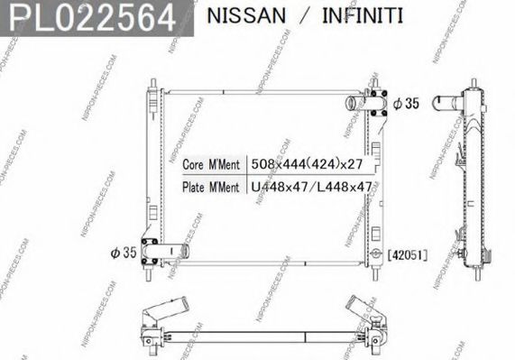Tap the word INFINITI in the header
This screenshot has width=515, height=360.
359,16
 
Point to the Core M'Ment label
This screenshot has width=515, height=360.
210,165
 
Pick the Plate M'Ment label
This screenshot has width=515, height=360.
210,187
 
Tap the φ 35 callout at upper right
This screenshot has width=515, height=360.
407,104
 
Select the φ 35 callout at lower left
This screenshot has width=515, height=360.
124,253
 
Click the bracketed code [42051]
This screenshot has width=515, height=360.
407,255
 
